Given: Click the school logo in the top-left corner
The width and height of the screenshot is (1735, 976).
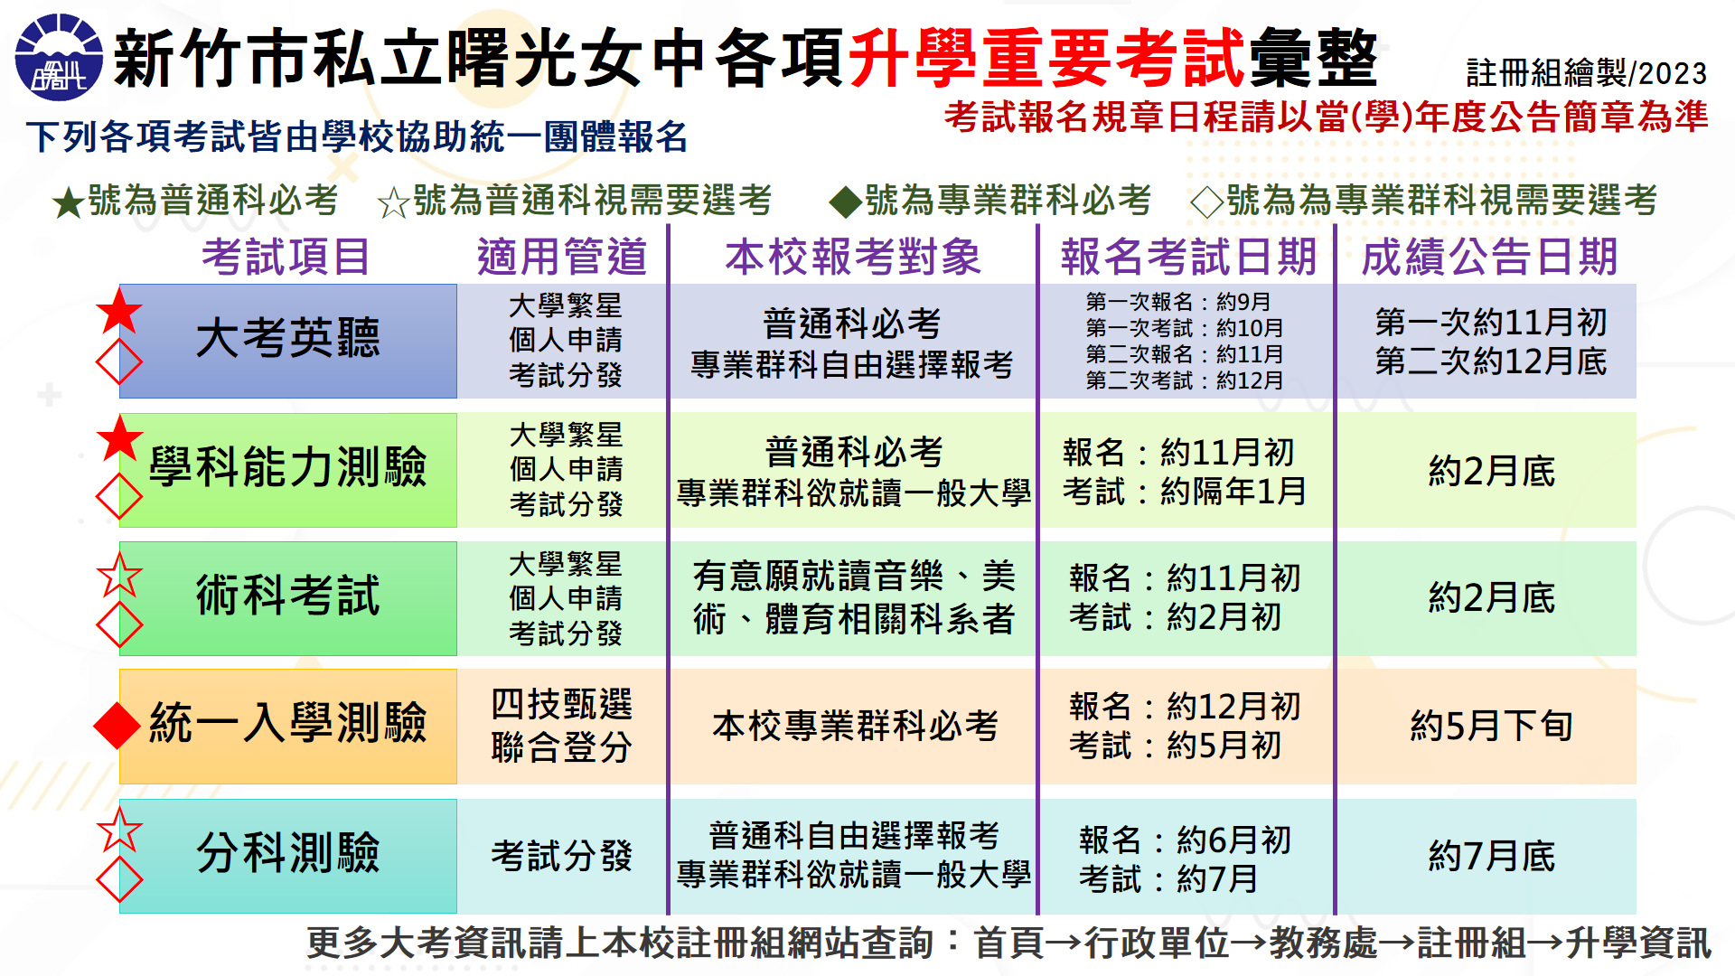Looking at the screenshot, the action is (59, 58).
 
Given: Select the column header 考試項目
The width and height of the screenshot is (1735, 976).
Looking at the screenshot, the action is (286, 257).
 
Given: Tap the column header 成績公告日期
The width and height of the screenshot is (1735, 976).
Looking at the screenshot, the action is (1489, 257).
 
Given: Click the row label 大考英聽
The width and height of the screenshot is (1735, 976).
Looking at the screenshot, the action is (288, 339).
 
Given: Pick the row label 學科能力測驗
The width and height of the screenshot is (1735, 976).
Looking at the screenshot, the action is (288, 468).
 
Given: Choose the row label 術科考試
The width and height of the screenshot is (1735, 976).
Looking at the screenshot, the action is (288, 596).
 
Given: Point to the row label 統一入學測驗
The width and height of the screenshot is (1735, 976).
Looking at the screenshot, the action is (288, 724).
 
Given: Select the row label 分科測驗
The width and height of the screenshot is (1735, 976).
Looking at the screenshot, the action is (288, 853).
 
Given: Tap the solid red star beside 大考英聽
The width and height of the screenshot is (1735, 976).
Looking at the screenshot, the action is (119, 312).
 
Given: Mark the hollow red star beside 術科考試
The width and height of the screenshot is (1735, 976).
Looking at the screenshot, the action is (119, 575).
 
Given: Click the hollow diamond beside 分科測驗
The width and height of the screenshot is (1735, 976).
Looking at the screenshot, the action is (119, 879).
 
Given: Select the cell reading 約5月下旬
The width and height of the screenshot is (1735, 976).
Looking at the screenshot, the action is (1491, 726).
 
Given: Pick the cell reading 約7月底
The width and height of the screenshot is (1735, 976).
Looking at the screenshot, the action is (1491, 856).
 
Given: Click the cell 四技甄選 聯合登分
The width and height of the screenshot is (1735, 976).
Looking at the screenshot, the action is (561, 726).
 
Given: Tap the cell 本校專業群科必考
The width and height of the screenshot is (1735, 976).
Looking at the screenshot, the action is (855, 726).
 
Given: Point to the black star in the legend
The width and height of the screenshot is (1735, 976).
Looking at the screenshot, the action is (69, 202).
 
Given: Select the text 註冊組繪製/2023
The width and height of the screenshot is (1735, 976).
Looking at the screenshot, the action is (1586, 73).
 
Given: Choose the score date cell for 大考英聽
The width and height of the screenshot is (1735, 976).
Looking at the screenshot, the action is (1491, 342).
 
